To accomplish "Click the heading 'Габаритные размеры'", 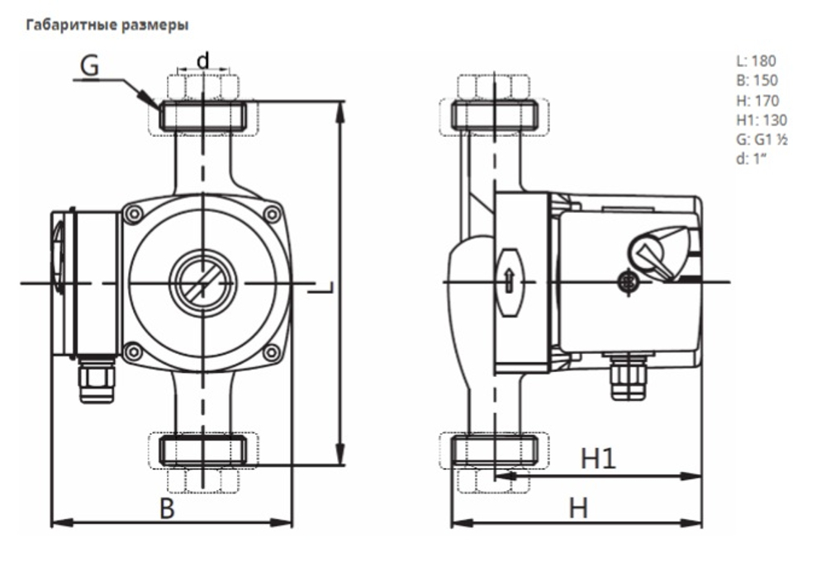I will coord(108,25).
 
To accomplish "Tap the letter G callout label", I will coord(89,65).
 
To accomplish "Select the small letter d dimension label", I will coord(202,59).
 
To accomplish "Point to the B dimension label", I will coord(167,508).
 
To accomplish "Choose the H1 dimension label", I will coord(598,460).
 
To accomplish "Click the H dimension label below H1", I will coord(578,508).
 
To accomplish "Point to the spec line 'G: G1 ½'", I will coord(761,140).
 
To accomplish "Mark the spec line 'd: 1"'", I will coord(751,159).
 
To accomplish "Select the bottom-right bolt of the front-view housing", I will coord(271,353).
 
